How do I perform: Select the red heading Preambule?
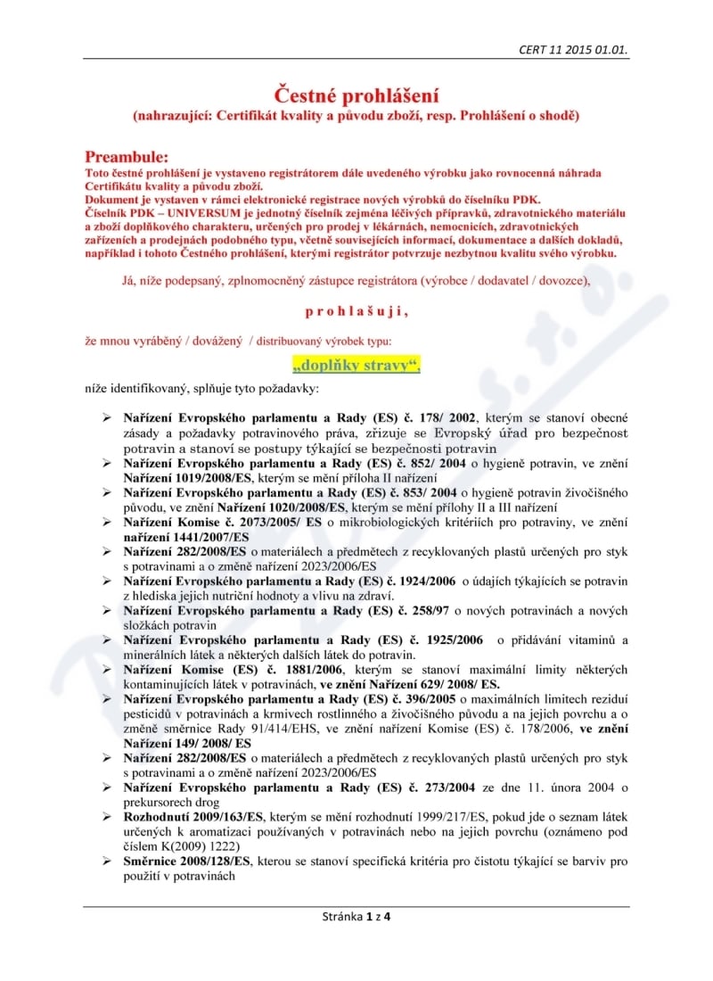tap(127, 157)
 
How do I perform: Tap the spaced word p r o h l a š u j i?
tap(356, 311)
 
